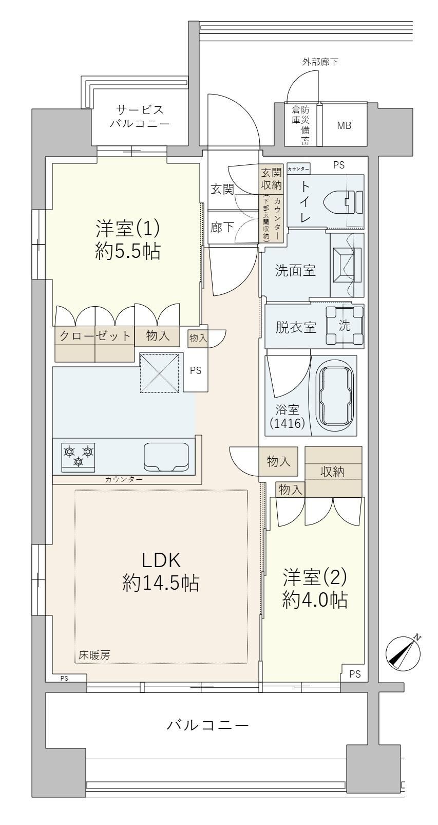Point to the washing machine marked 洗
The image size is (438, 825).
pos(344,326)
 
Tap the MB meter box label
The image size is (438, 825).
pos(344,125)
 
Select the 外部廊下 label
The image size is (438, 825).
pos(320,62)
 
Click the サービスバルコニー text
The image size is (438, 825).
pos(140,116)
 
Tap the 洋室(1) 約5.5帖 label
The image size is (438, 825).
pos(127,240)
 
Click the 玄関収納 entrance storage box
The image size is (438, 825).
pos(271,179)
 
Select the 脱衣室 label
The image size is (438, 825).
pos(296,327)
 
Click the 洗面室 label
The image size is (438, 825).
pos(295,271)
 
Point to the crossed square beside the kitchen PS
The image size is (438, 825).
pos(161,373)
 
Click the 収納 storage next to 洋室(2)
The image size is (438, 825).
pos(333,472)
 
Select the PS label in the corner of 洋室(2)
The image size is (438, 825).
pos(355,674)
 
